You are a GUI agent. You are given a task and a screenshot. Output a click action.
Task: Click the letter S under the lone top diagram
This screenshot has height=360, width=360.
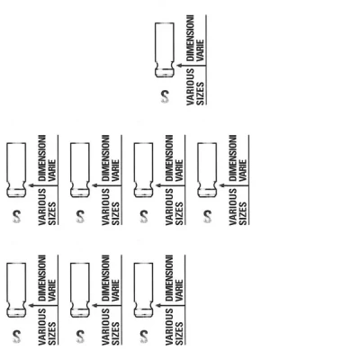tap(165, 96)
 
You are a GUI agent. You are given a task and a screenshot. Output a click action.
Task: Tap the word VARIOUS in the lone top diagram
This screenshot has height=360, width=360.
tap(190, 87)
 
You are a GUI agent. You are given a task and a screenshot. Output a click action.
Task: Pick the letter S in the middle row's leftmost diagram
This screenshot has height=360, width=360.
tap(16, 217)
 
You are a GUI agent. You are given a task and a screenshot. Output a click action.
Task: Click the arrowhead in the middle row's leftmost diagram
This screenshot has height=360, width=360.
tap(31, 185)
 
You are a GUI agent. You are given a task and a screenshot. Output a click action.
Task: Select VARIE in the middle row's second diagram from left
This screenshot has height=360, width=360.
tap(115, 170)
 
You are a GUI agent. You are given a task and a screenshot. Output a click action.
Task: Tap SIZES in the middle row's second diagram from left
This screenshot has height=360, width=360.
tap(115, 213)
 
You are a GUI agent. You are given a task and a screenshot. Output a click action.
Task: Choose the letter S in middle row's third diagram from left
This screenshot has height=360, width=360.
tap(144, 217)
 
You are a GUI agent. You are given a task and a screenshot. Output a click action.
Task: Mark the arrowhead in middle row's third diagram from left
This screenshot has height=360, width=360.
tap(158, 185)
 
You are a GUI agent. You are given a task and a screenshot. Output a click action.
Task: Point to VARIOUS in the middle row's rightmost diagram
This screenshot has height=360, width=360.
tap(233, 207)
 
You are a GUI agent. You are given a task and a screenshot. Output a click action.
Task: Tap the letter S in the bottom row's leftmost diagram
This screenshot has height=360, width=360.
tap(16, 337)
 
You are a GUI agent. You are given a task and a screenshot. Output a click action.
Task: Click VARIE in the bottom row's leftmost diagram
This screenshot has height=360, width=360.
tap(52, 290)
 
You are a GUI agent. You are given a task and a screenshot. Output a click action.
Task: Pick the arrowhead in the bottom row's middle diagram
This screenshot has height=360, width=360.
tap(94, 305)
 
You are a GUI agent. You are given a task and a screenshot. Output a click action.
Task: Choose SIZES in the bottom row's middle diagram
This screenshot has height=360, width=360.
tap(115, 333)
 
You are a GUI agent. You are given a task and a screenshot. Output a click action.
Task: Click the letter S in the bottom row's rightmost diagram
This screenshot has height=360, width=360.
tap(144, 337)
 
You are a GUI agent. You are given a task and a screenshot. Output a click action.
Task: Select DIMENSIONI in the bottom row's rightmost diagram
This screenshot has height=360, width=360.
tap(169, 278)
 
